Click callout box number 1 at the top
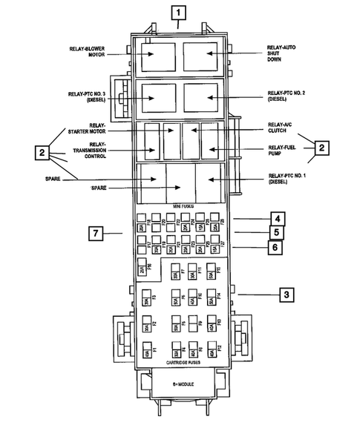[x=178, y=12]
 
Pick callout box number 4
[x=275, y=219]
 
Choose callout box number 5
[x=275, y=232]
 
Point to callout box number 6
[x=275, y=246]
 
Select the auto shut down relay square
[x=200, y=55]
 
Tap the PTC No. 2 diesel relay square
[x=200, y=96]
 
